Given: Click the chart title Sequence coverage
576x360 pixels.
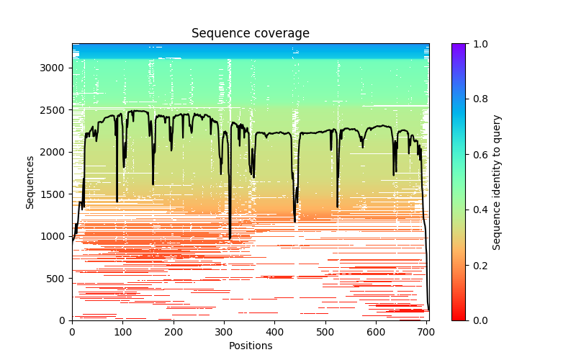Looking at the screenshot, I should click(x=251, y=34).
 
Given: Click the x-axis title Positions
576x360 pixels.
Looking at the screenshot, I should click(x=251, y=346).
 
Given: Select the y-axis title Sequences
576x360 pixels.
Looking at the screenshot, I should click(x=30, y=182).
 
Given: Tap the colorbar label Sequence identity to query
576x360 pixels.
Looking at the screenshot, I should click(x=497, y=182).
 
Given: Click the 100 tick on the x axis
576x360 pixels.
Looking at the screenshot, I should click(x=122, y=332).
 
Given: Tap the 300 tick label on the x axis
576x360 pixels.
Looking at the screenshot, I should click(x=224, y=332).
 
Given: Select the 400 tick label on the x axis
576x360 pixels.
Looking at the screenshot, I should click(x=275, y=332).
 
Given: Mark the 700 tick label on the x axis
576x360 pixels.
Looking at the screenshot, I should click(x=427, y=332).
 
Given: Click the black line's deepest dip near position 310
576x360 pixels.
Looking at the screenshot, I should click(x=230, y=238).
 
